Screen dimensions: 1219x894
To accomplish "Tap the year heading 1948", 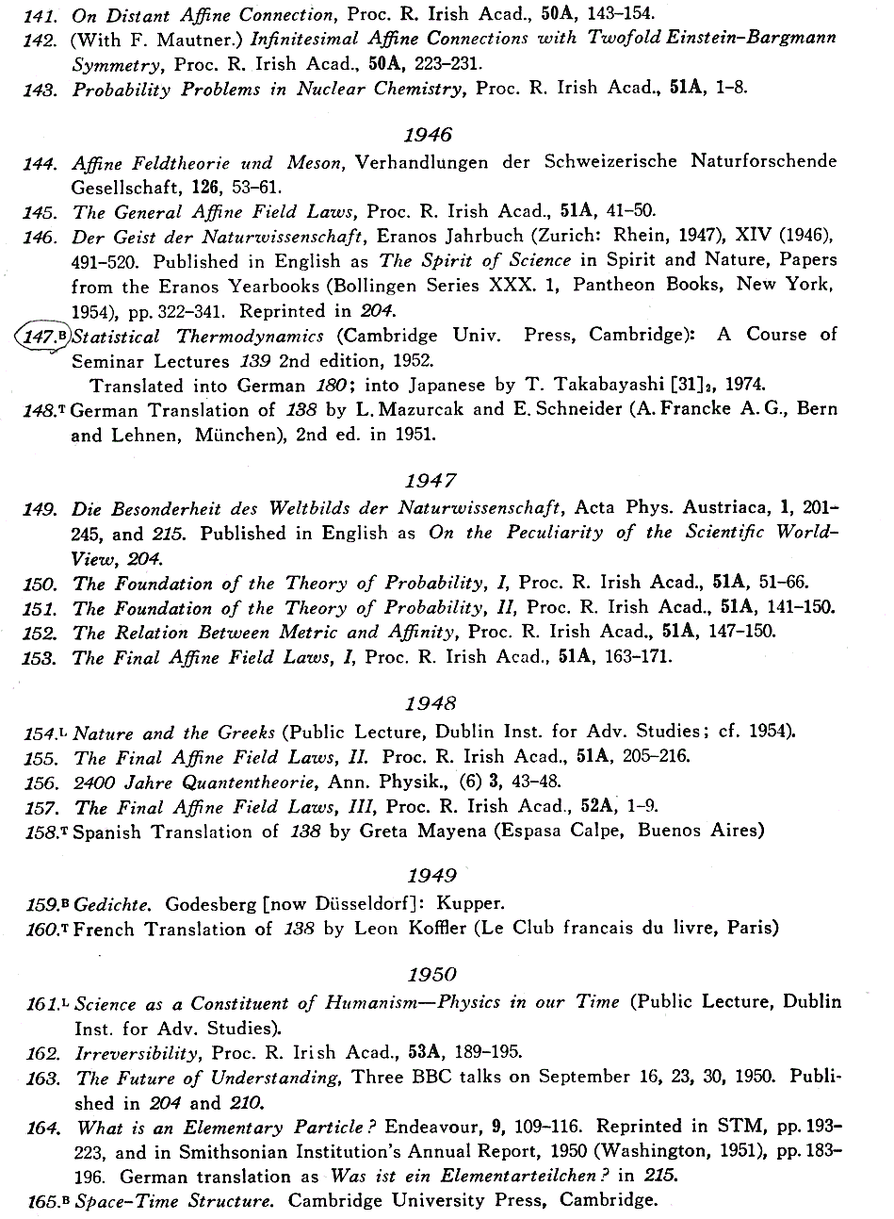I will (x=431, y=702).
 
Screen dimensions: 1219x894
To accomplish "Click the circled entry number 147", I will (x=41, y=336).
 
